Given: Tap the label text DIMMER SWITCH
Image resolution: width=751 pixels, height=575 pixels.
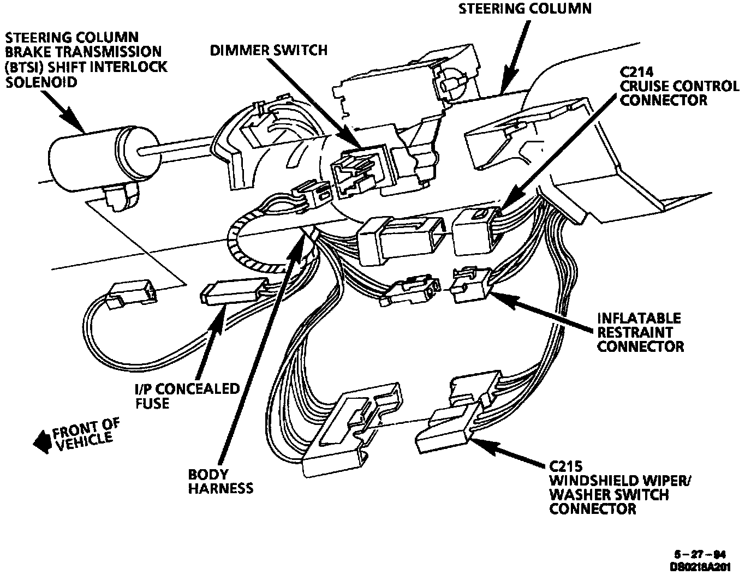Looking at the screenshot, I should pos(269,51).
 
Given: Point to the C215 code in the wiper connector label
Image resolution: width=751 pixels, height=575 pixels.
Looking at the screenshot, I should pos(566,467).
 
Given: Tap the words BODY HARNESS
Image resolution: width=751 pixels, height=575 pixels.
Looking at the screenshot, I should pos(220,481).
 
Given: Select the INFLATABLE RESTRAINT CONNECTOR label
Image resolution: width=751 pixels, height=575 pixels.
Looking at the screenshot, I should pos(639,332).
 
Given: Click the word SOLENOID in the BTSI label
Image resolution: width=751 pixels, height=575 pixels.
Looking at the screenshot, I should pos(41,82).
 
